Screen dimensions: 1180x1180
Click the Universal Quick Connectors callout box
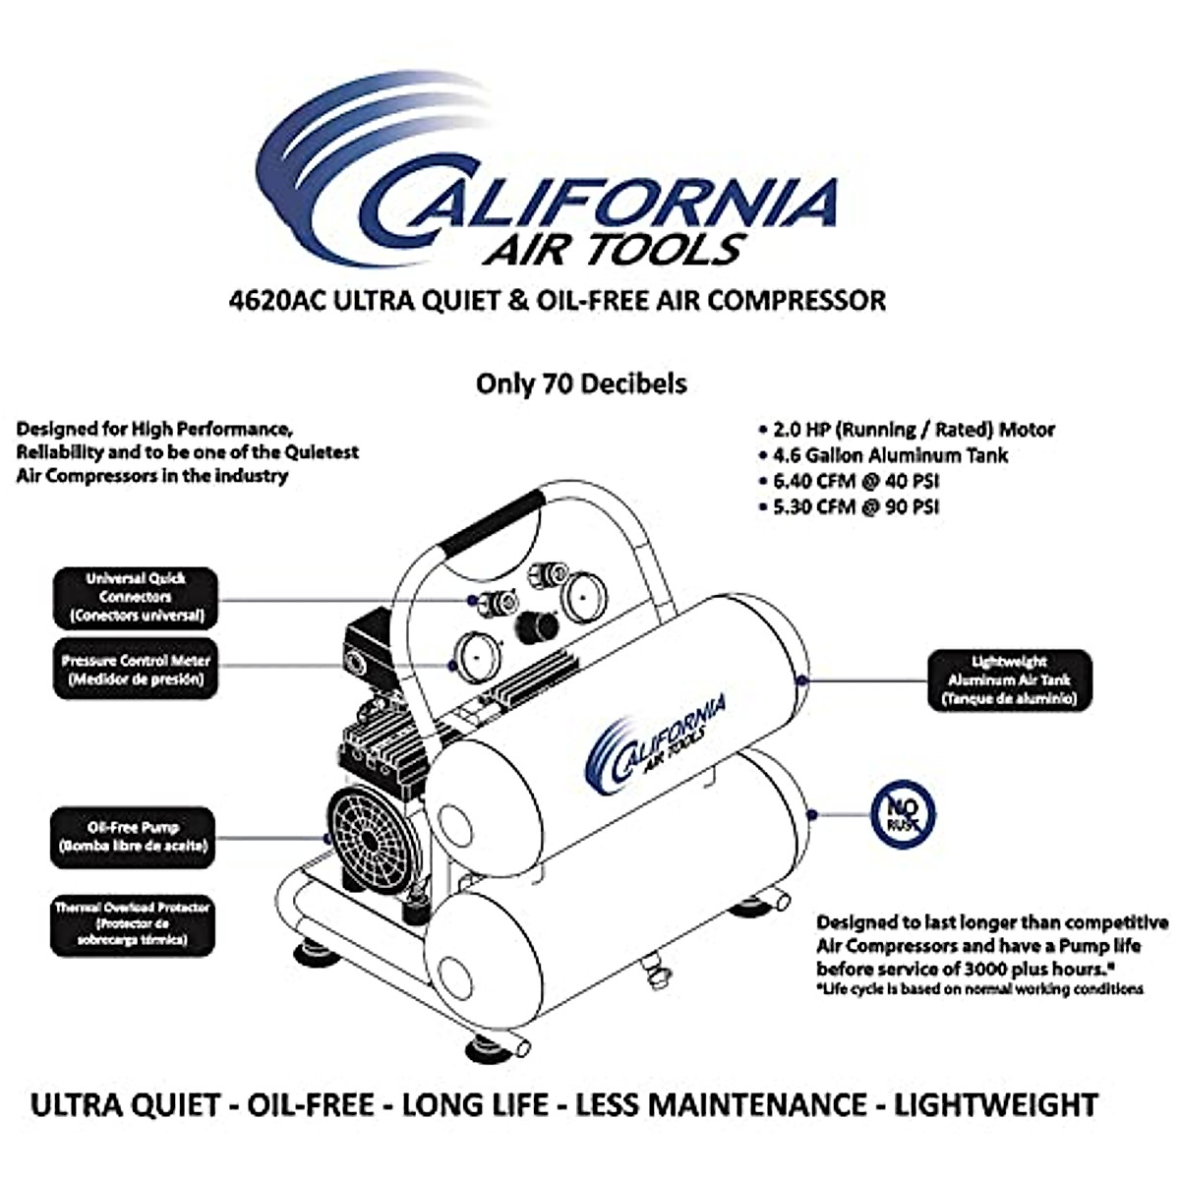coord(136,598)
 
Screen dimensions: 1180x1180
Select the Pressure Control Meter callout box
coord(135,671)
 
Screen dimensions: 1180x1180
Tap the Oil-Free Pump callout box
coord(133,837)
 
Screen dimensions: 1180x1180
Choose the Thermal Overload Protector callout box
coord(133,924)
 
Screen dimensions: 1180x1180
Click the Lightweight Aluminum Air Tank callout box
coord(1009,680)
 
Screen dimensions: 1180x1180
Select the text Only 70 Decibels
coord(581,383)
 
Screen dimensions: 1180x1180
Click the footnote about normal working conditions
coord(979,989)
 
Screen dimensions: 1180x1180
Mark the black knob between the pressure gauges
coord(538,623)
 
